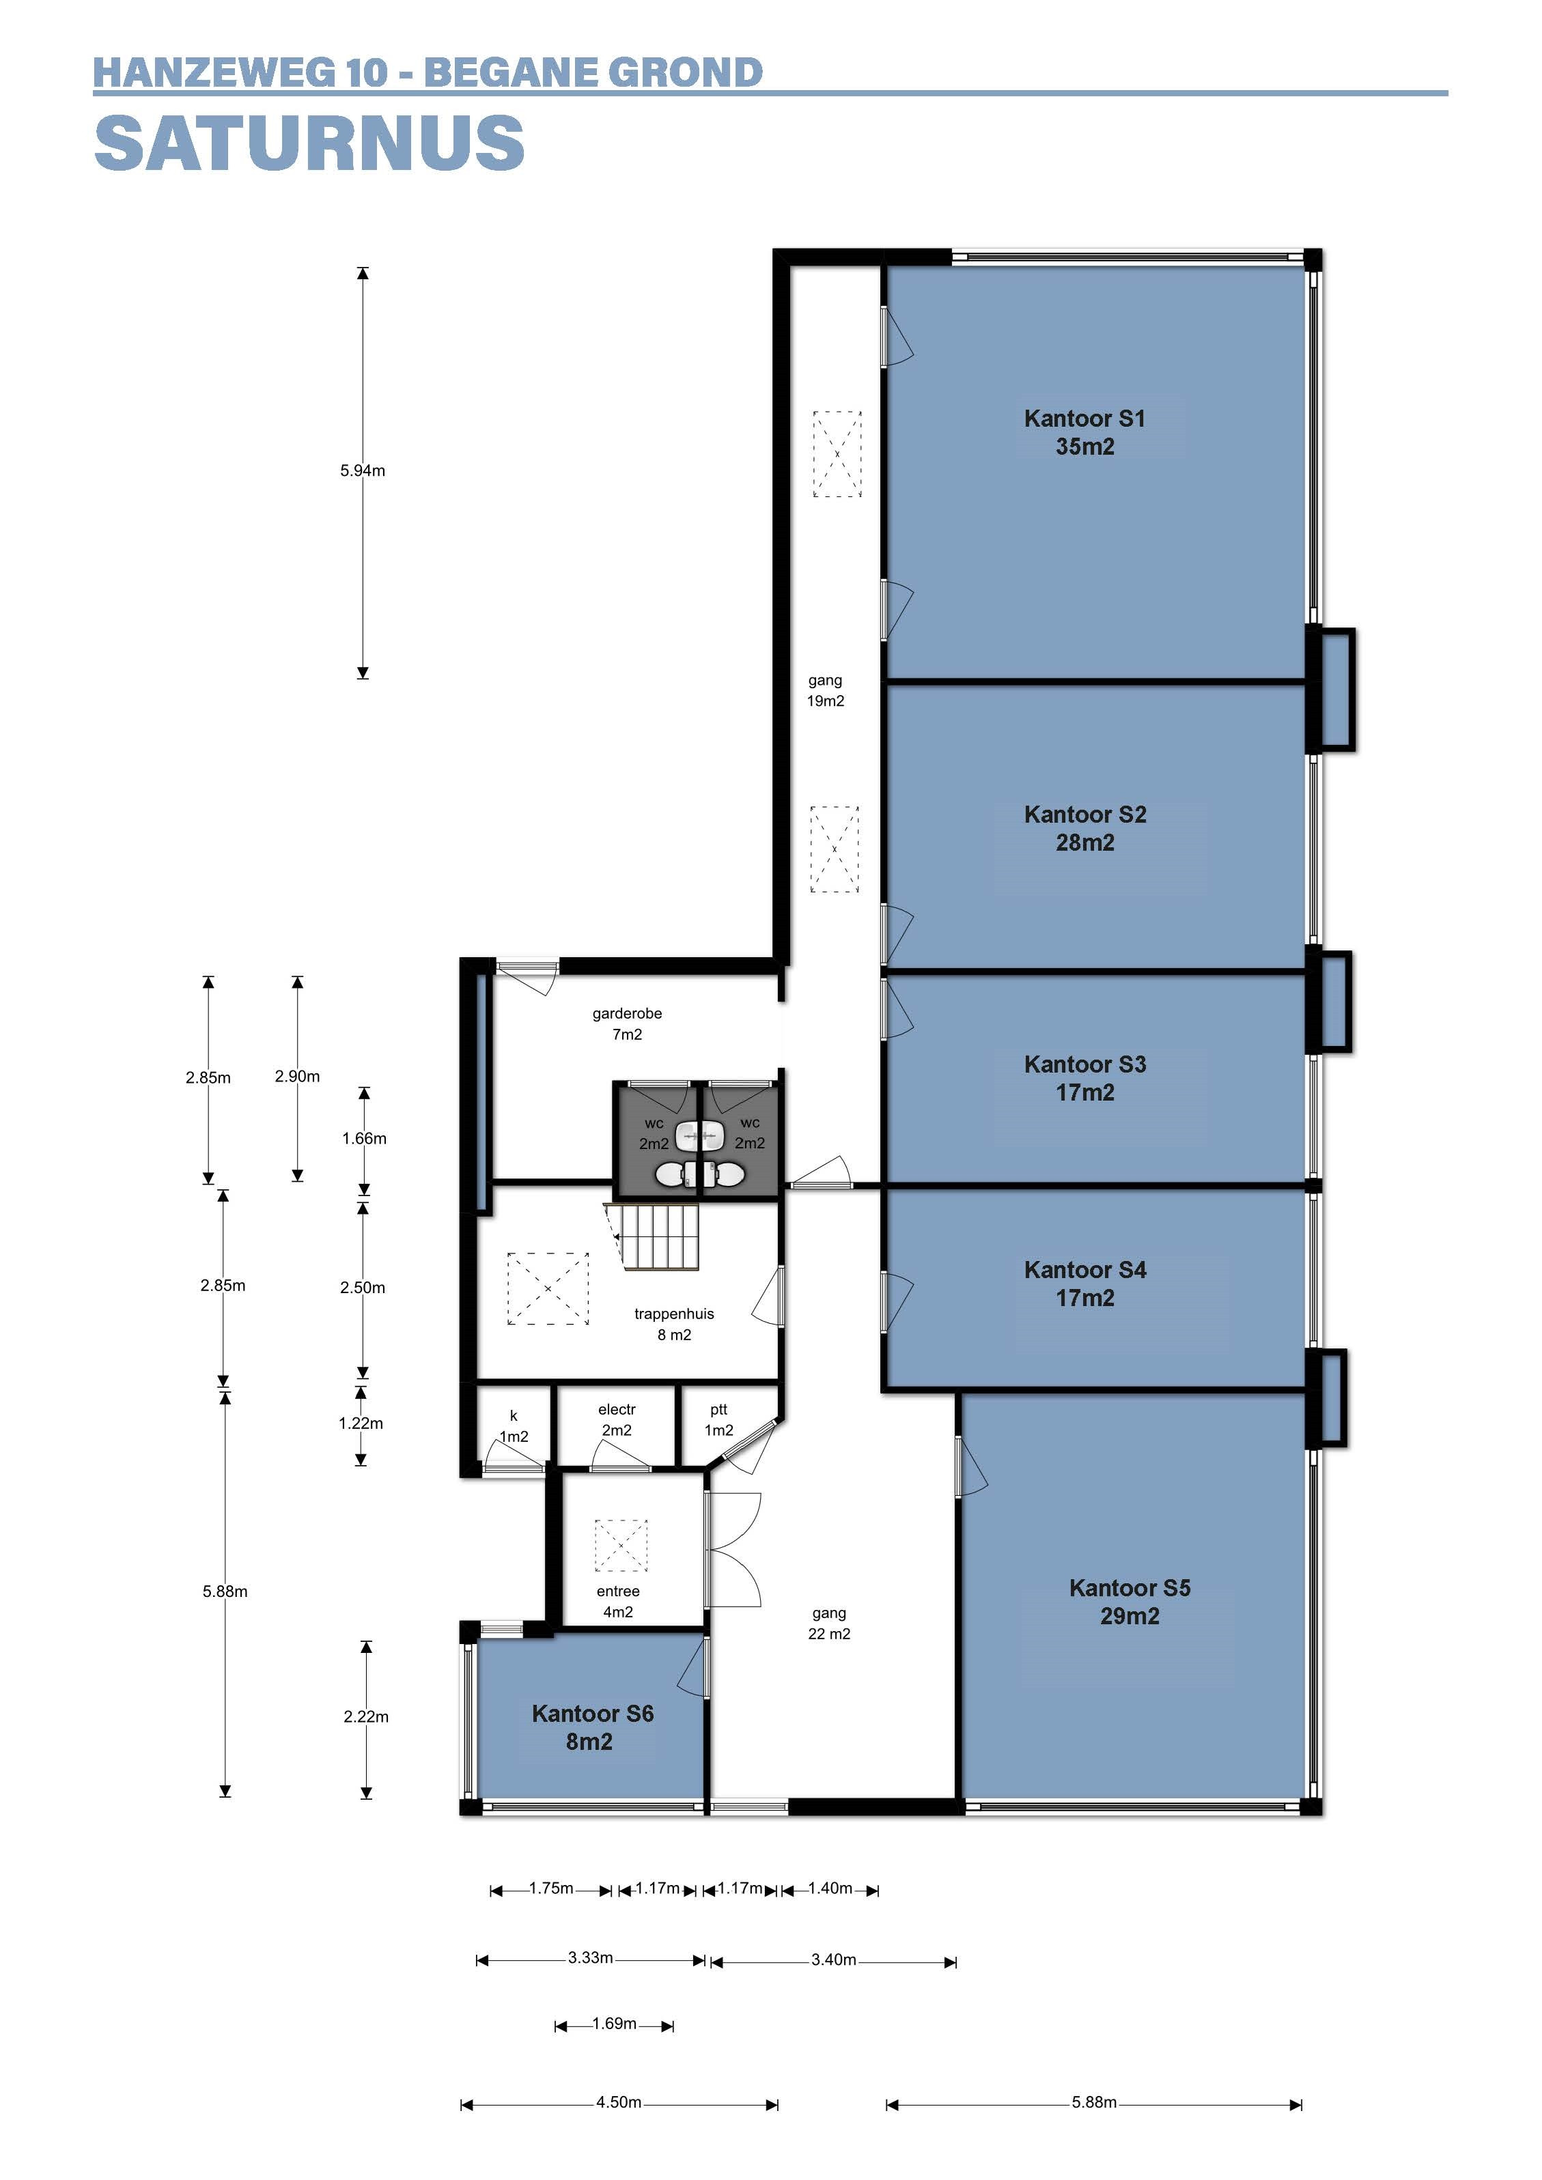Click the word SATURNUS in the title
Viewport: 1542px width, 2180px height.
point(309,143)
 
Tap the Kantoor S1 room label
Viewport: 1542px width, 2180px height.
point(1084,432)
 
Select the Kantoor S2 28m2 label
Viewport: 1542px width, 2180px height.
point(1085,828)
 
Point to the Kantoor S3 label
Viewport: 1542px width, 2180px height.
point(1085,1077)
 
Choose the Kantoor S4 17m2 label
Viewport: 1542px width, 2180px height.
point(1085,1284)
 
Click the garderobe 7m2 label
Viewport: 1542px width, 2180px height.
point(627,1023)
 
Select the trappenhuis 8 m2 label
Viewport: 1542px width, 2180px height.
point(674,1324)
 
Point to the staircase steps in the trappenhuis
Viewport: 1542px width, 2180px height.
point(652,1234)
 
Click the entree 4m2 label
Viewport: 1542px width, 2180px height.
point(618,1601)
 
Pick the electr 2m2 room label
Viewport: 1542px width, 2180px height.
point(617,1419)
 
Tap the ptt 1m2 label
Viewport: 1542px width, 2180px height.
point(719,1419)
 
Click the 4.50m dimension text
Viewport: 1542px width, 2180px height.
point(619,2103)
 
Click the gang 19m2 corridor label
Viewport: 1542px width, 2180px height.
point(825,690)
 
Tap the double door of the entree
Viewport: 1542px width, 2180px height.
point(733,1550)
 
